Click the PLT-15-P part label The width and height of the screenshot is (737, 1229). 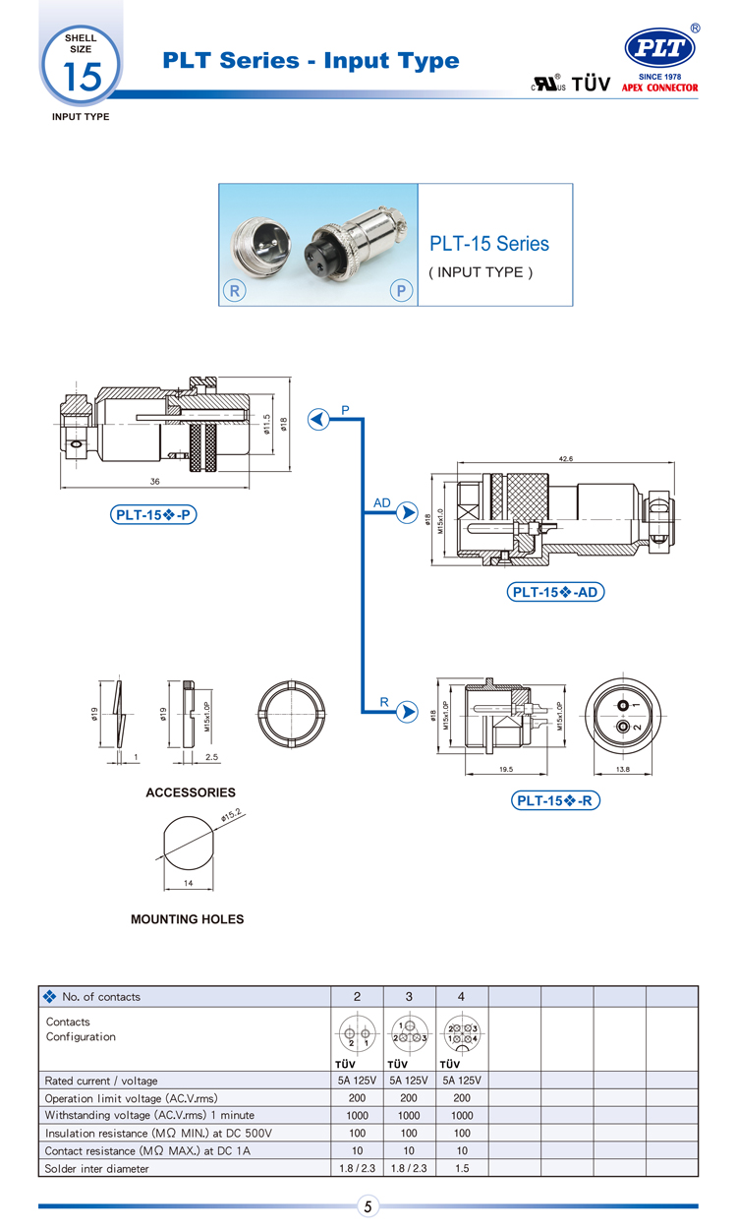click(155, 514)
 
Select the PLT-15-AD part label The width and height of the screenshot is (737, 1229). click(555, 592)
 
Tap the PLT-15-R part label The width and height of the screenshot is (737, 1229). click(556, 800)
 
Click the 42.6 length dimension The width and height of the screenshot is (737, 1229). click(564, 458)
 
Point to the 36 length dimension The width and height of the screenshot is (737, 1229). click(154, 481)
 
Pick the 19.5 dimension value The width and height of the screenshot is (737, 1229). click(508, 770)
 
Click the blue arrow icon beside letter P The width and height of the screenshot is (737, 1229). click(318, 420)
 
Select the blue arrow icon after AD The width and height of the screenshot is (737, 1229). click(407, 514)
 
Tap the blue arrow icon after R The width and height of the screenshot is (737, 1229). click(407, 714)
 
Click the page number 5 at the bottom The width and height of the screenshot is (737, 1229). click(368, 1206)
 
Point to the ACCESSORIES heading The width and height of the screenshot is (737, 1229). click(191, 792)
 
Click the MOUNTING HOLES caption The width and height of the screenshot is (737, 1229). click(187, 919)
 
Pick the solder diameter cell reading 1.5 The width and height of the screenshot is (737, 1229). click(461, 1168)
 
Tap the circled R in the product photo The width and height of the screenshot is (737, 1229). click(236, 290)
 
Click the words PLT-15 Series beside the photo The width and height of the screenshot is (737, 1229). click(489, 243)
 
